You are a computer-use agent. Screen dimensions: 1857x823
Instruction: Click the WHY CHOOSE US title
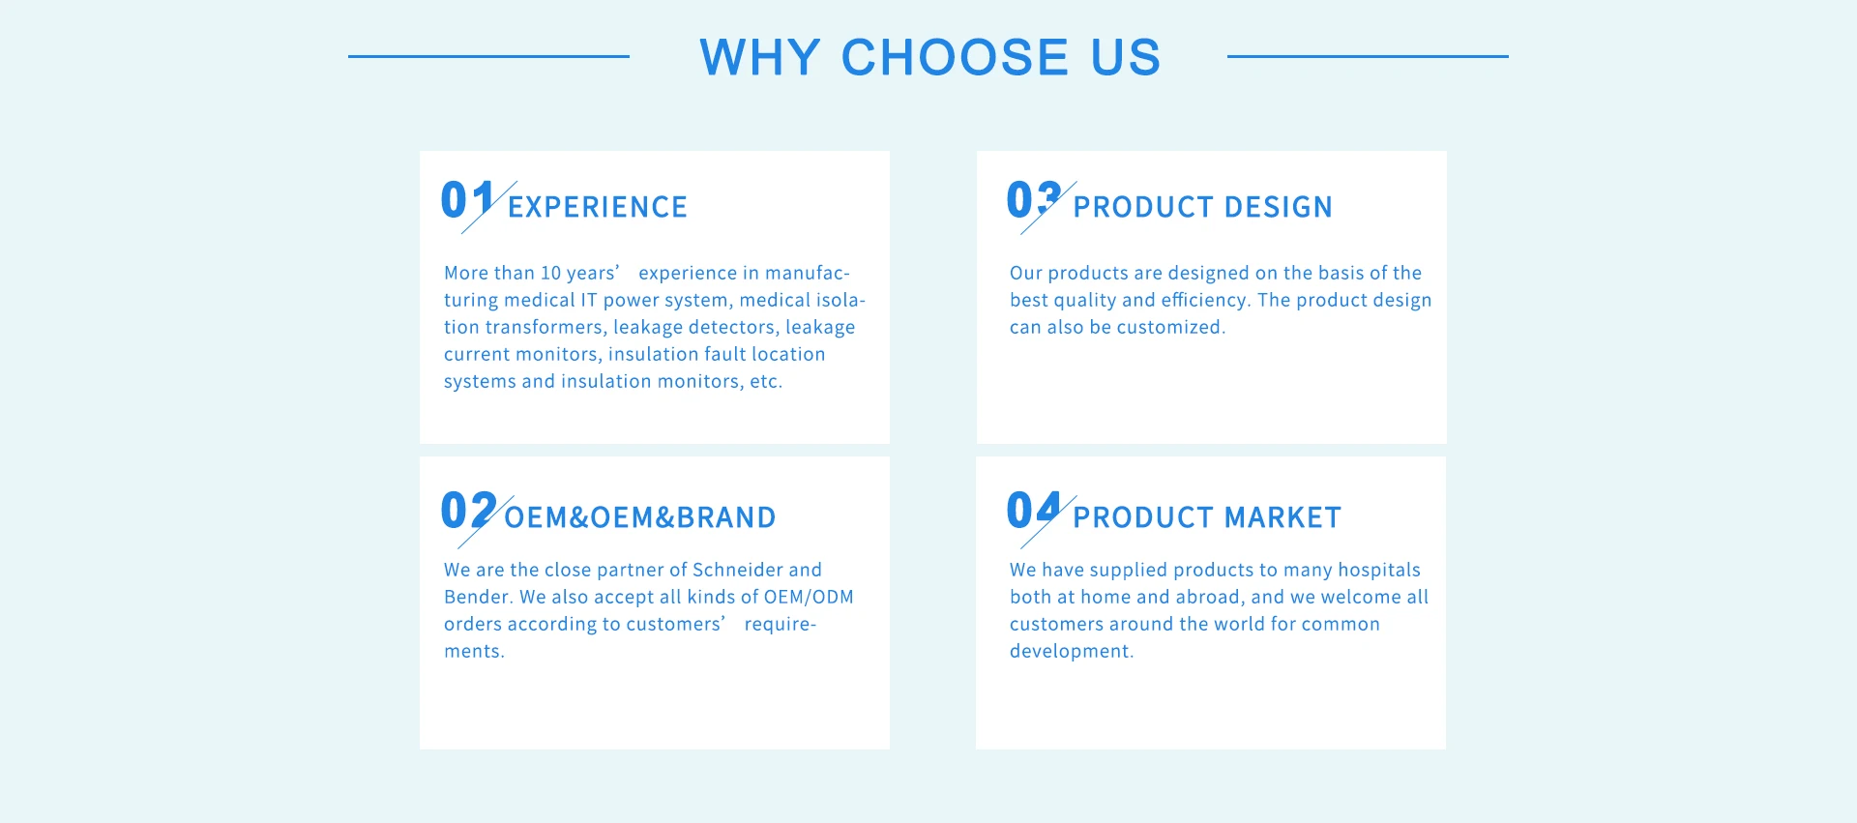(929, 57)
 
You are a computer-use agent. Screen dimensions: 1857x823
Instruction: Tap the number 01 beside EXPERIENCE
(467, 200)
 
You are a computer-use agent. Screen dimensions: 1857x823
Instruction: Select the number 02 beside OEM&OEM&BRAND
(468, 510)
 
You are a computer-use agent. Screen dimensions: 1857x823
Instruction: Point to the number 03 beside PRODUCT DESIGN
(1033, 200)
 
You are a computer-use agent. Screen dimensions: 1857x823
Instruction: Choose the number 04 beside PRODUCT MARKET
(1033, 510)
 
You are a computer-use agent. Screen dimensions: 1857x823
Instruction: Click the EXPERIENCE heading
(597, 207)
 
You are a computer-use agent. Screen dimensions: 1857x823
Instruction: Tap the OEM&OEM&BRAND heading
(639, 517)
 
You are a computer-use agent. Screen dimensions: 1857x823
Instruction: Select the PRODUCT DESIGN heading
(1202, 207)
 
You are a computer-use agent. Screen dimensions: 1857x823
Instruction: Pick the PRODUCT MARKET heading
(1206, 517)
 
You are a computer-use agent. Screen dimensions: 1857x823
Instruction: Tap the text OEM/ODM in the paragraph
(809, 597)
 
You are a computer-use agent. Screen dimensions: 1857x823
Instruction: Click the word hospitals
(1379, 570)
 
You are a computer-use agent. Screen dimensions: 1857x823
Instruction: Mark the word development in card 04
(1071, 651)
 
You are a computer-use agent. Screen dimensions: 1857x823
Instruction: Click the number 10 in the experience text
(550, 273)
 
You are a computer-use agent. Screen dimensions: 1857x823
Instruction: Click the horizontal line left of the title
(488, 56)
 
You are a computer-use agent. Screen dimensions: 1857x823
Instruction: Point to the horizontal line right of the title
(1368, 56)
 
